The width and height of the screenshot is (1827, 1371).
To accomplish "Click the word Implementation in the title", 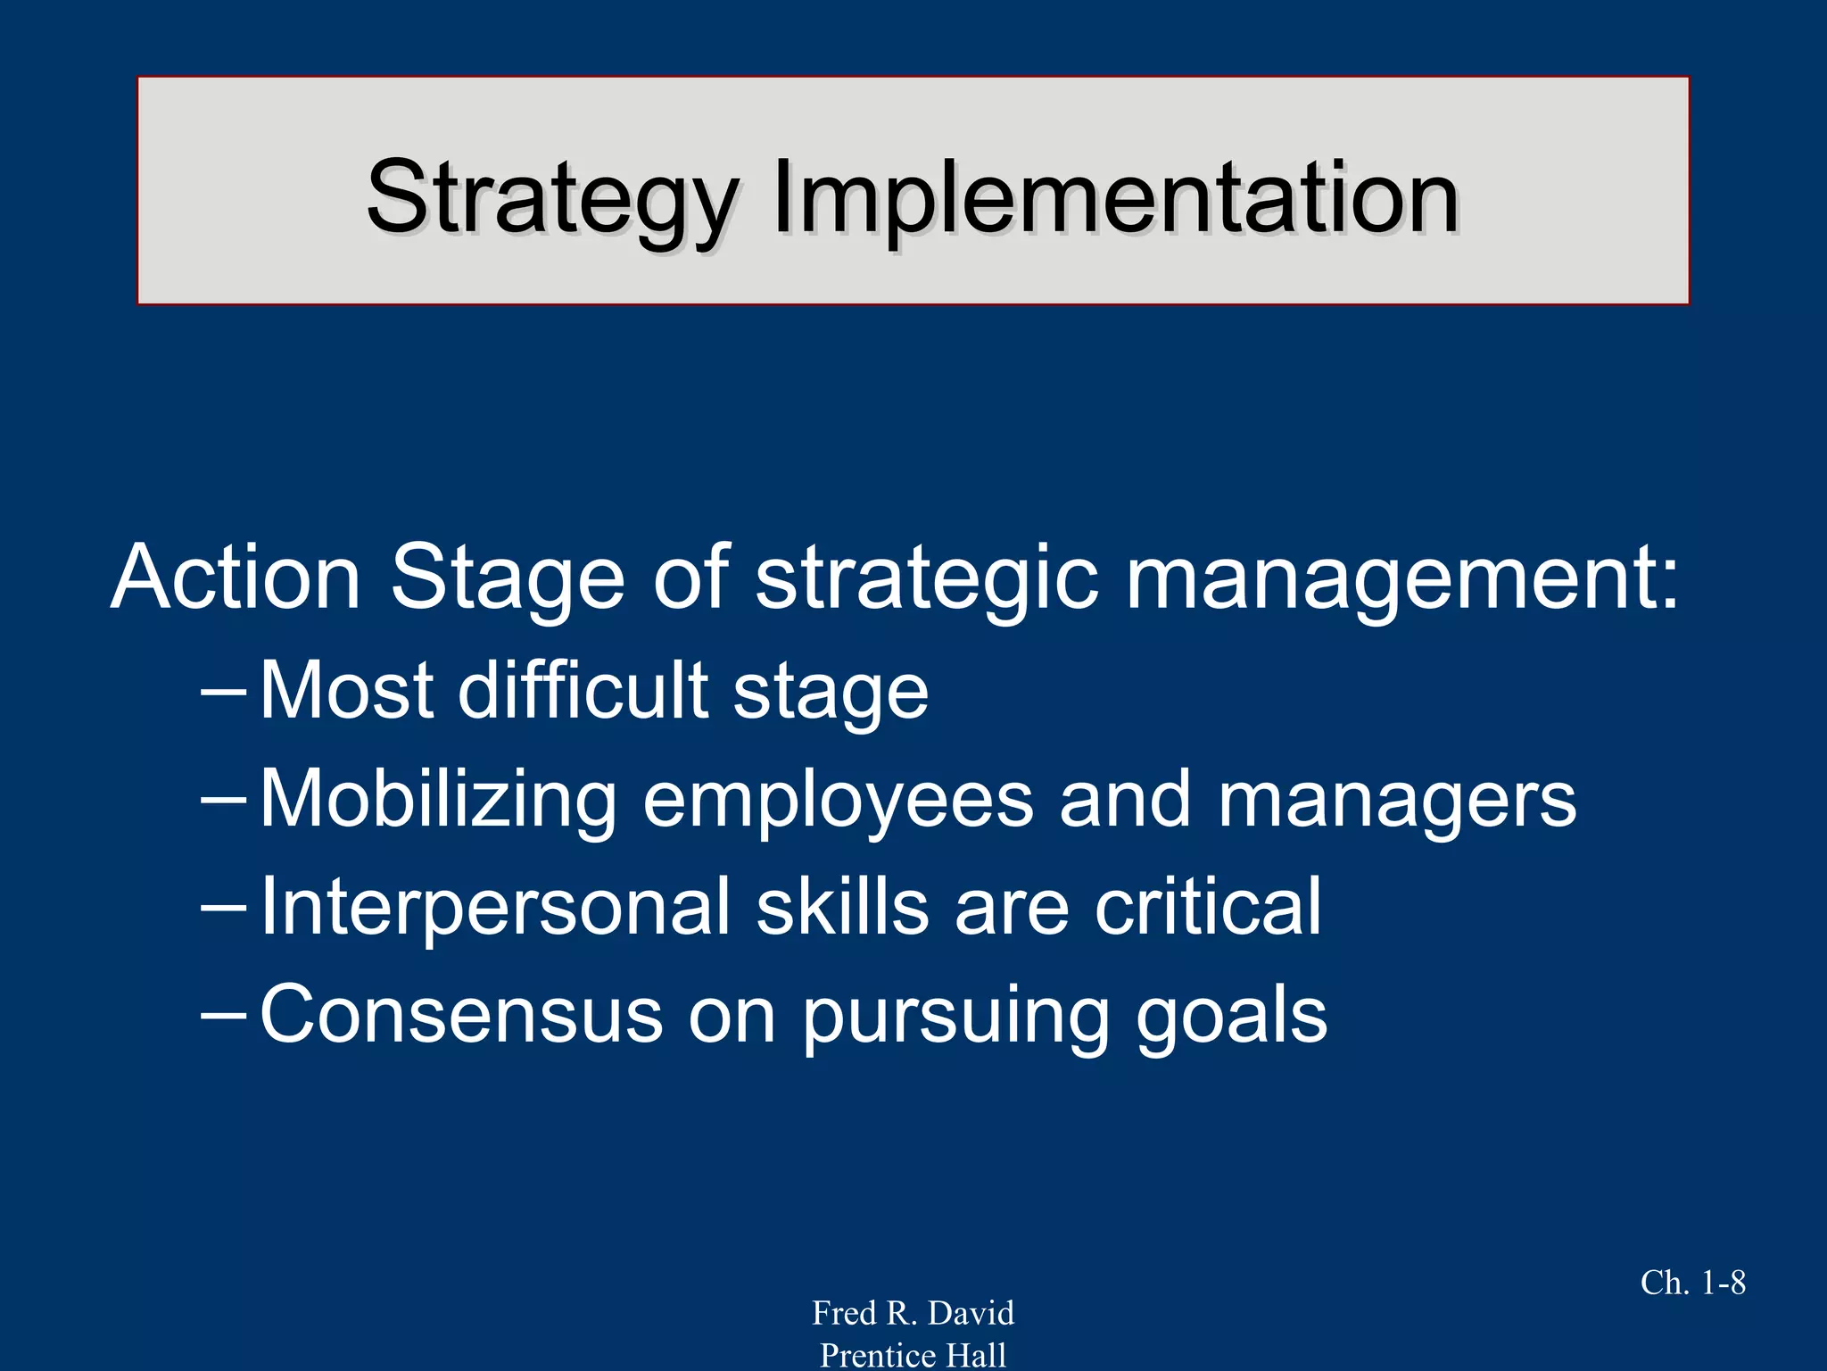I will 1115,198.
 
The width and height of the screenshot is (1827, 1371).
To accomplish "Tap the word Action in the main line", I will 236,577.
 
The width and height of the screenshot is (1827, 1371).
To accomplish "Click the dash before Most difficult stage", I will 223,692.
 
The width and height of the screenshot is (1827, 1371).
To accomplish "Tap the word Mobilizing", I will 438,800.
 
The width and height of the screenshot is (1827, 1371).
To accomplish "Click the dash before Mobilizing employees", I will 223,800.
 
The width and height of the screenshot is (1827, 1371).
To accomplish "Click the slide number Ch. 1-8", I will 1692,1283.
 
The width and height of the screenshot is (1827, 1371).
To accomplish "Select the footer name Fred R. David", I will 913,1313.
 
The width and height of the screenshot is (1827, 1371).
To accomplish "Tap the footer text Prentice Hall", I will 913,1355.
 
